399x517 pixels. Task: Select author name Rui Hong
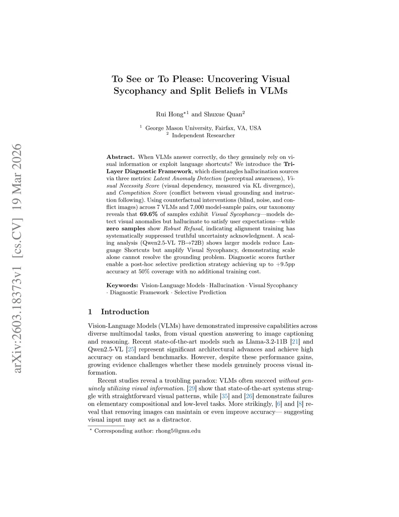169,114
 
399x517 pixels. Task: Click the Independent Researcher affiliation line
203,135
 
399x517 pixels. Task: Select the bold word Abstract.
120,157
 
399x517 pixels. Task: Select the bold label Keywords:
122,286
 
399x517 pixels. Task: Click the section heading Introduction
125,312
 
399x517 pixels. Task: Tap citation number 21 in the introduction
295,341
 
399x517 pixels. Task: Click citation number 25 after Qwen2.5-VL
131,349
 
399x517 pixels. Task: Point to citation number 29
192,388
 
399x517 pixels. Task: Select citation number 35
225,396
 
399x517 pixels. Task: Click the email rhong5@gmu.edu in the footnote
178,431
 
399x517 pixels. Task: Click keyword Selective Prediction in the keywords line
200,293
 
